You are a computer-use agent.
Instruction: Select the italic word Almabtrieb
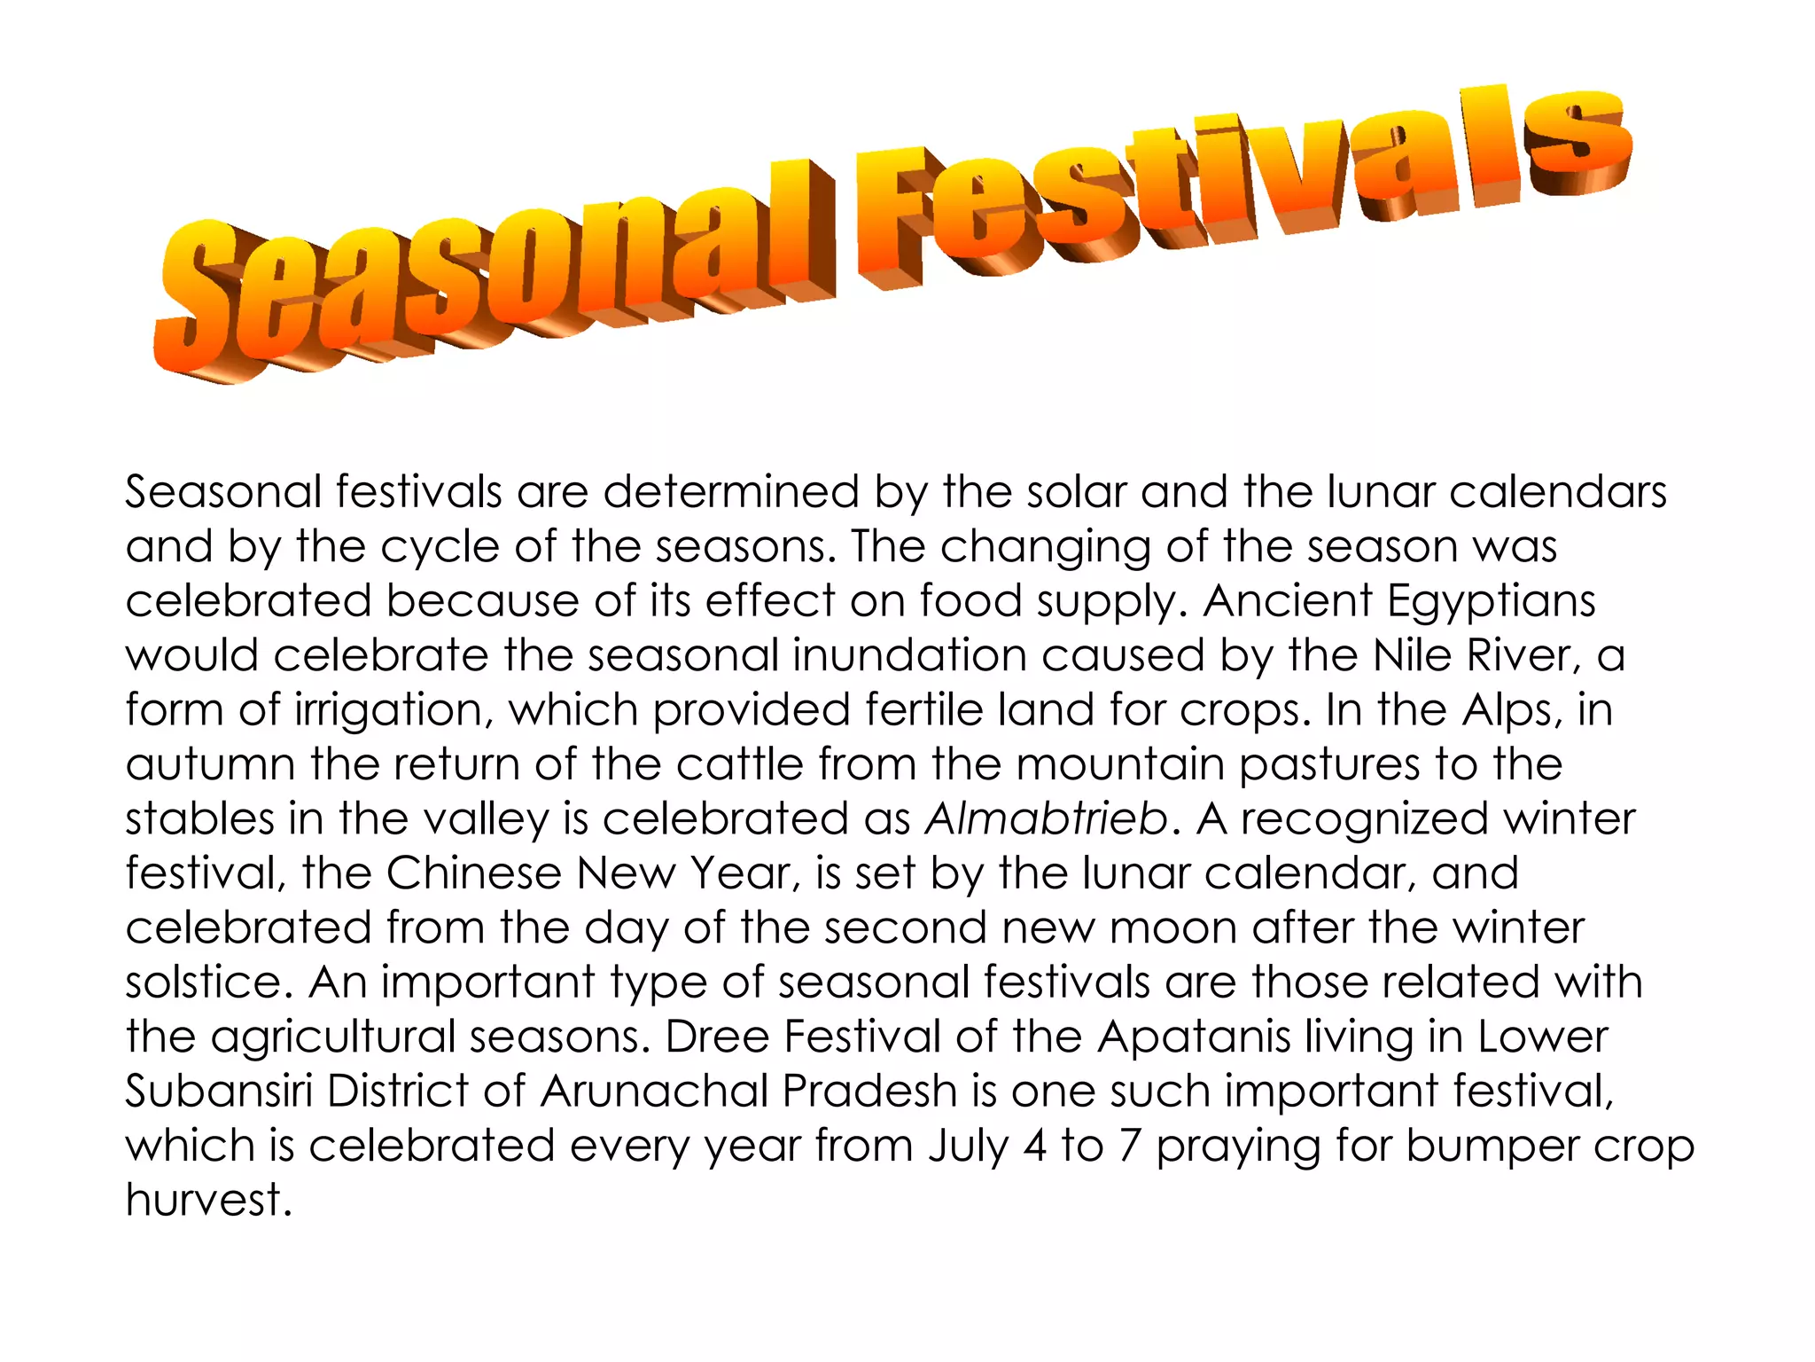point(1047,818)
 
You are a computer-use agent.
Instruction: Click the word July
point(969,1146)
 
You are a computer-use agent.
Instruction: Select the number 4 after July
point(1035,1146)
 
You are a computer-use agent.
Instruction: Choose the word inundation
point(909,656)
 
